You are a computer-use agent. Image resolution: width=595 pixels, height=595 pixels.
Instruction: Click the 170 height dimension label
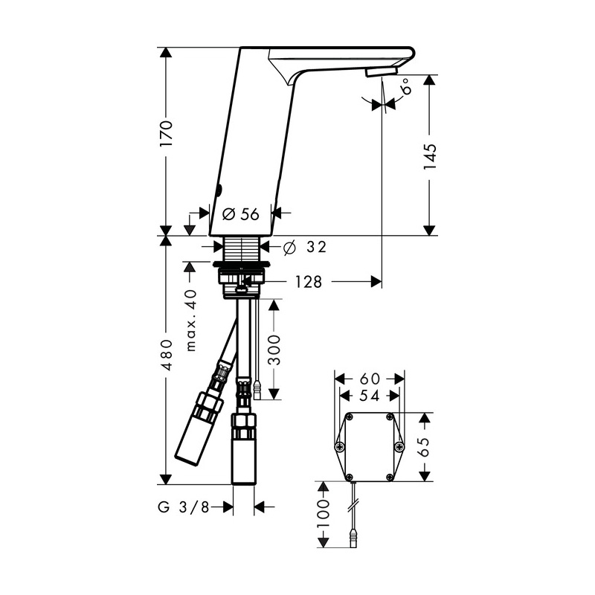pos(166,134)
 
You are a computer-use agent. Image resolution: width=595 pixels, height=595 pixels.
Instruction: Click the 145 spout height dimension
pos(430,156)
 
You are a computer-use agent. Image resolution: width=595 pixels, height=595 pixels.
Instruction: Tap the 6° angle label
pos(405,86)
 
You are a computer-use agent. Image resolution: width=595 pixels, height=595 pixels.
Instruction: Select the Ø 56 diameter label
pos(240,214)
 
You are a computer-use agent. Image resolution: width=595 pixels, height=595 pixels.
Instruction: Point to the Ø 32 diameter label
pos(305,248)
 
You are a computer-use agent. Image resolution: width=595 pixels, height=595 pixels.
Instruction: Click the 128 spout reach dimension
pos(309,282)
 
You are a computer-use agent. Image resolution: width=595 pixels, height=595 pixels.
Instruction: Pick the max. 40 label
pos(191,321)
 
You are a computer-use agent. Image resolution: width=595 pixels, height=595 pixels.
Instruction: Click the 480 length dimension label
pos(166,355)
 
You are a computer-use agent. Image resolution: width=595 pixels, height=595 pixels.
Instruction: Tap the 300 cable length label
pos(274,350)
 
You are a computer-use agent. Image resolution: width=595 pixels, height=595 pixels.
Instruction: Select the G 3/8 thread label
pos(184,507)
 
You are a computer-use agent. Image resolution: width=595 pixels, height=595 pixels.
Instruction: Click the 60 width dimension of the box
pos(370,379)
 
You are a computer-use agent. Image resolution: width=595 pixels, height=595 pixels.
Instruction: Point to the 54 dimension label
pos(370,396)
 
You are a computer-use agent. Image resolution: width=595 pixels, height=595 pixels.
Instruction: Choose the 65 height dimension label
pos(423,447)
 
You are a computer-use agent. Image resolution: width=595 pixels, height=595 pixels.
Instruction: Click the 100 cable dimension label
pos(323,514)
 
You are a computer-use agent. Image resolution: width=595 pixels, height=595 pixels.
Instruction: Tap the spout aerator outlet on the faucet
pos(381,71)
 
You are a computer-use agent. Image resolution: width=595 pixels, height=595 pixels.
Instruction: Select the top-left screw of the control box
pos(349,417)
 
